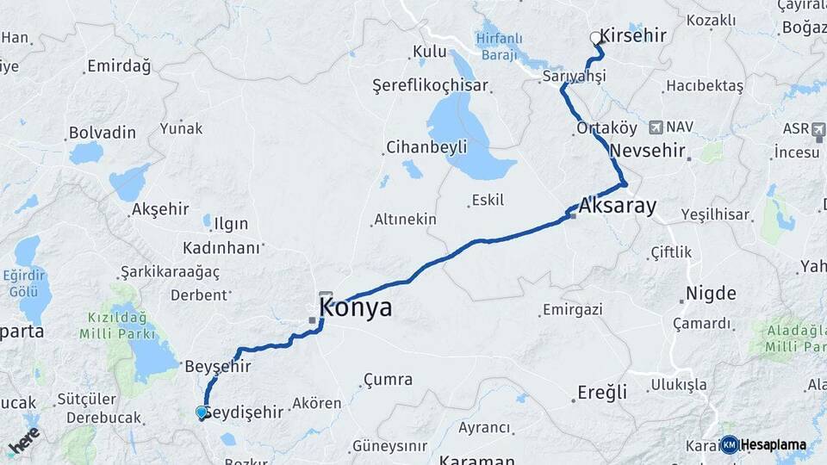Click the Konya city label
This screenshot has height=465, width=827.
355,307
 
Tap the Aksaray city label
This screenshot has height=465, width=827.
619,206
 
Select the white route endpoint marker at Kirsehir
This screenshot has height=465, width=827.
595,38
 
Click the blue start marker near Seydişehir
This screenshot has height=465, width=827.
202,413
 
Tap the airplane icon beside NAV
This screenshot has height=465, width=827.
656,127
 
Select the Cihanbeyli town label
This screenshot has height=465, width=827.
426,146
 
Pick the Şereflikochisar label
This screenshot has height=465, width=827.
430,85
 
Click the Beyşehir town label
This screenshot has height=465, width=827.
218,366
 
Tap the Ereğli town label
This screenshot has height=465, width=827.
601,393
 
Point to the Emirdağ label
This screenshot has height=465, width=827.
119,65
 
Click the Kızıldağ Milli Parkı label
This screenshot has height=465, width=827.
121,325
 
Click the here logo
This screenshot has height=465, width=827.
24,441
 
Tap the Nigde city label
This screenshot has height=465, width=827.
711,294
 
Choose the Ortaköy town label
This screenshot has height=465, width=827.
606,128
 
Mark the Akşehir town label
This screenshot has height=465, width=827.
159,209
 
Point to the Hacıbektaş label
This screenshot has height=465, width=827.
704,87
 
